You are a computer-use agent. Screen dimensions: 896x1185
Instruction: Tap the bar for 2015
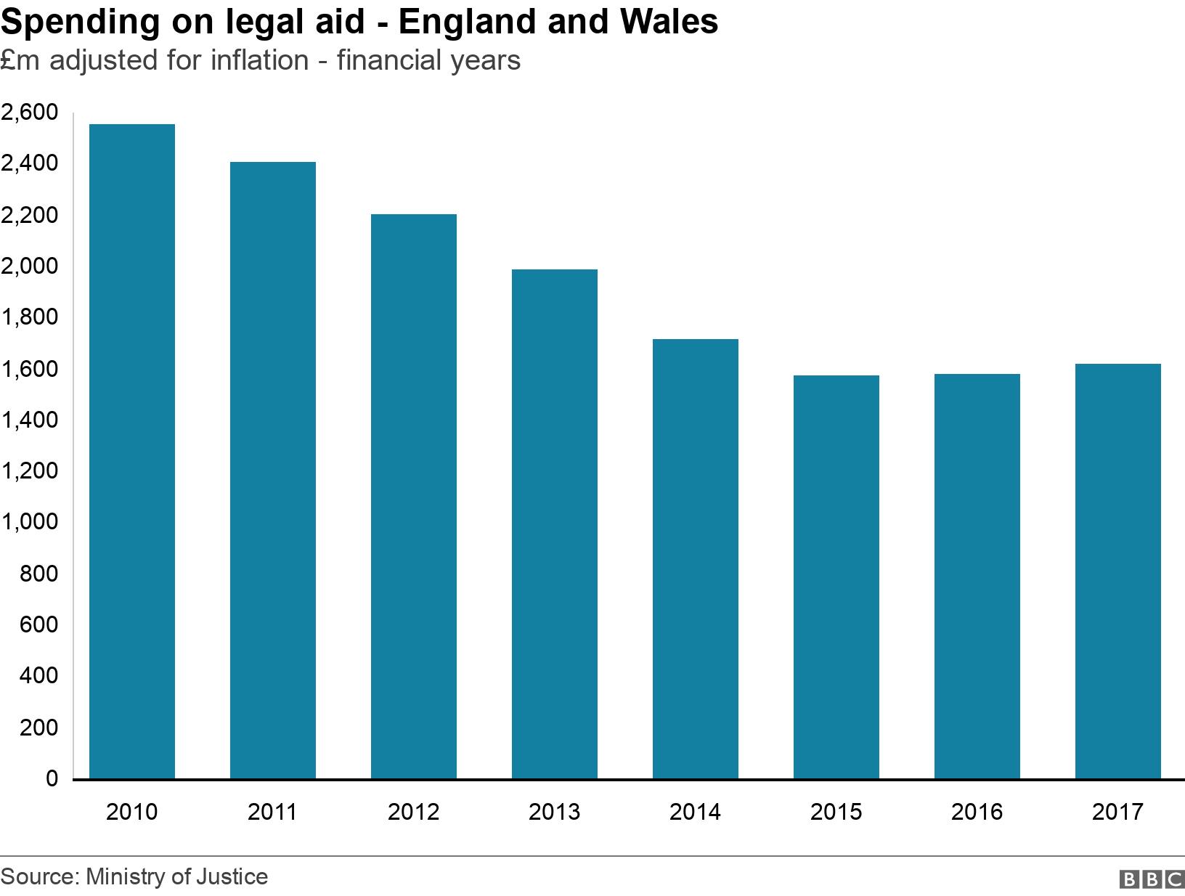click(x=836, y=577)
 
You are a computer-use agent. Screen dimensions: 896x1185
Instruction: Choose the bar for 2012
click(x=413, y=497)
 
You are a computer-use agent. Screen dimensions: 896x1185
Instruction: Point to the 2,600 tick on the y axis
click(x=29, y=113)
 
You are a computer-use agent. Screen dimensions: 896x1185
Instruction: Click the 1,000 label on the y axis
click(x=29, y=522)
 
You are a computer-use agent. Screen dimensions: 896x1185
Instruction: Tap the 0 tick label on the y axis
click(x=52, y=778)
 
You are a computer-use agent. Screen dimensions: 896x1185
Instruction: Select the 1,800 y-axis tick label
click(x=29, y=317)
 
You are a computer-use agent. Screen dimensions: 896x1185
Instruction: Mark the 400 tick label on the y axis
click(x=38, y=676)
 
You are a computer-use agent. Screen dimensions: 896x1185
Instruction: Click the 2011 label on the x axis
click(x=272, y=811)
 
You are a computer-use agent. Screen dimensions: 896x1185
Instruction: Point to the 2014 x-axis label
click(x=695, y=811)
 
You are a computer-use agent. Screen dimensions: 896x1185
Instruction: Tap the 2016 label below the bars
click(x=977, y=811)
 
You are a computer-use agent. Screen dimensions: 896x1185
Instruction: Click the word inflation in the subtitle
click(x=259, y=60)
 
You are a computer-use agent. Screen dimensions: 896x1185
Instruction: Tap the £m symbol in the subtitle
click(x=14, y=60)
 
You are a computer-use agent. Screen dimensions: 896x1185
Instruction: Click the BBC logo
click(x=1151, y=879)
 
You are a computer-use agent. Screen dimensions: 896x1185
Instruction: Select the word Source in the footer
click(x=38, y=876)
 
